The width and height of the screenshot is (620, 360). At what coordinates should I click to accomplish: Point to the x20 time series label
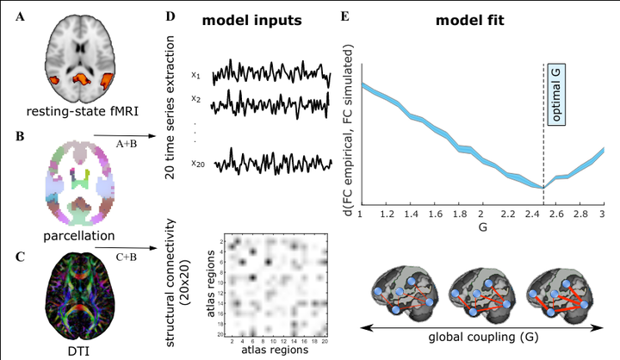pos(197,163)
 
